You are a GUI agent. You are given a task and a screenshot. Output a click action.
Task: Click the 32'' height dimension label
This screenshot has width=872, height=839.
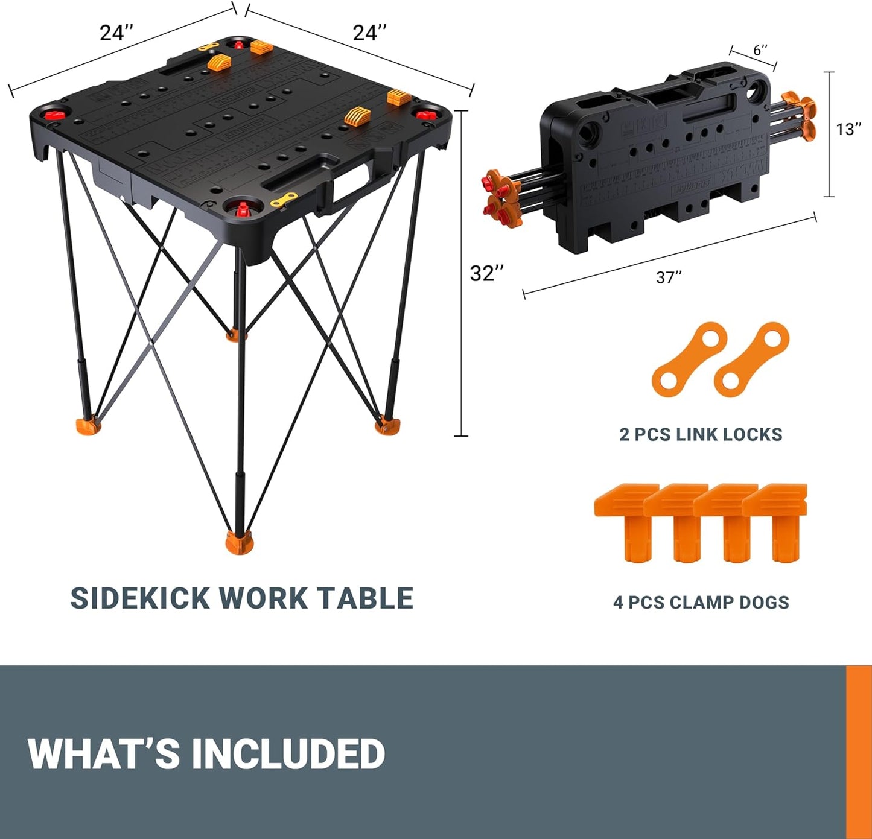pos(486,273)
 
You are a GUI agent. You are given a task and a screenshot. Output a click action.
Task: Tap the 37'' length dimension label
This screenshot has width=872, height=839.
pos(669,277)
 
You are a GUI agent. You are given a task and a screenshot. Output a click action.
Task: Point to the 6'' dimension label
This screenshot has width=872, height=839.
pos(760,49)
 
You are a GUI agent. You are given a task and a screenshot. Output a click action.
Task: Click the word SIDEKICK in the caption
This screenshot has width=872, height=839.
pos(140,598)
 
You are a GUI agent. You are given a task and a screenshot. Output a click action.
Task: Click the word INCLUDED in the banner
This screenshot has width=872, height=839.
pos(288,754)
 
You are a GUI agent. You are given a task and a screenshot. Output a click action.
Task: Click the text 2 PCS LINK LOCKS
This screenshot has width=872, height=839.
pos(701,434)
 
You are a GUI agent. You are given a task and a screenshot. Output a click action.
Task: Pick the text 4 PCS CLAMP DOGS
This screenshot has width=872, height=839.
pos(701,602)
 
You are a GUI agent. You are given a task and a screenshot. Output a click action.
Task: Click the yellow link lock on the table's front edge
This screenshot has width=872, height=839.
pos(284,200)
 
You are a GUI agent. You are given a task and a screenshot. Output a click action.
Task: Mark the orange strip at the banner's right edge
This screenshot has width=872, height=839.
pos(859,752)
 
